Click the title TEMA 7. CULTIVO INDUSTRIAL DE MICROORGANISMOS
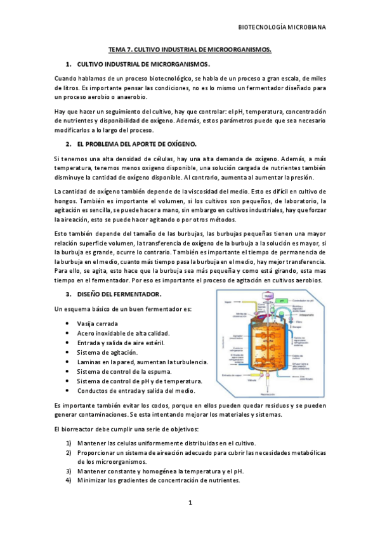[190, 49]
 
